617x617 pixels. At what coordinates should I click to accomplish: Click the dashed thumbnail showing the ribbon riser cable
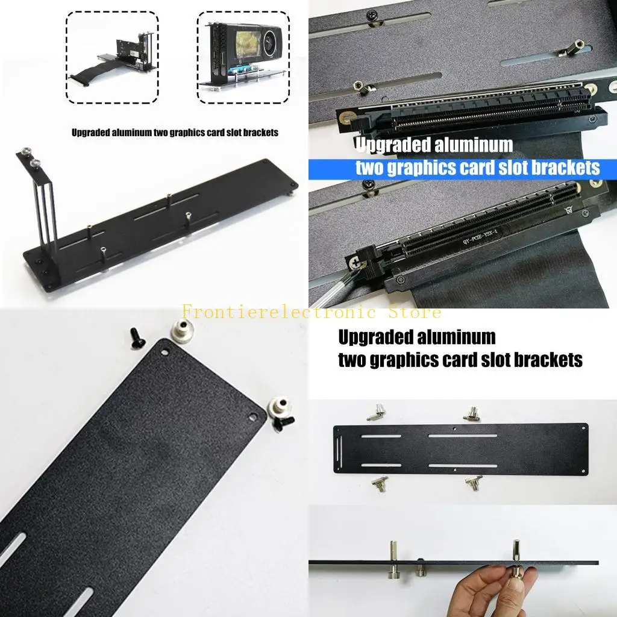111,57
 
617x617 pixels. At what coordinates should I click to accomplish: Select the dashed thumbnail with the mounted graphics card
243,57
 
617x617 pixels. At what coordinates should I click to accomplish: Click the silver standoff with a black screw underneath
279,412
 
